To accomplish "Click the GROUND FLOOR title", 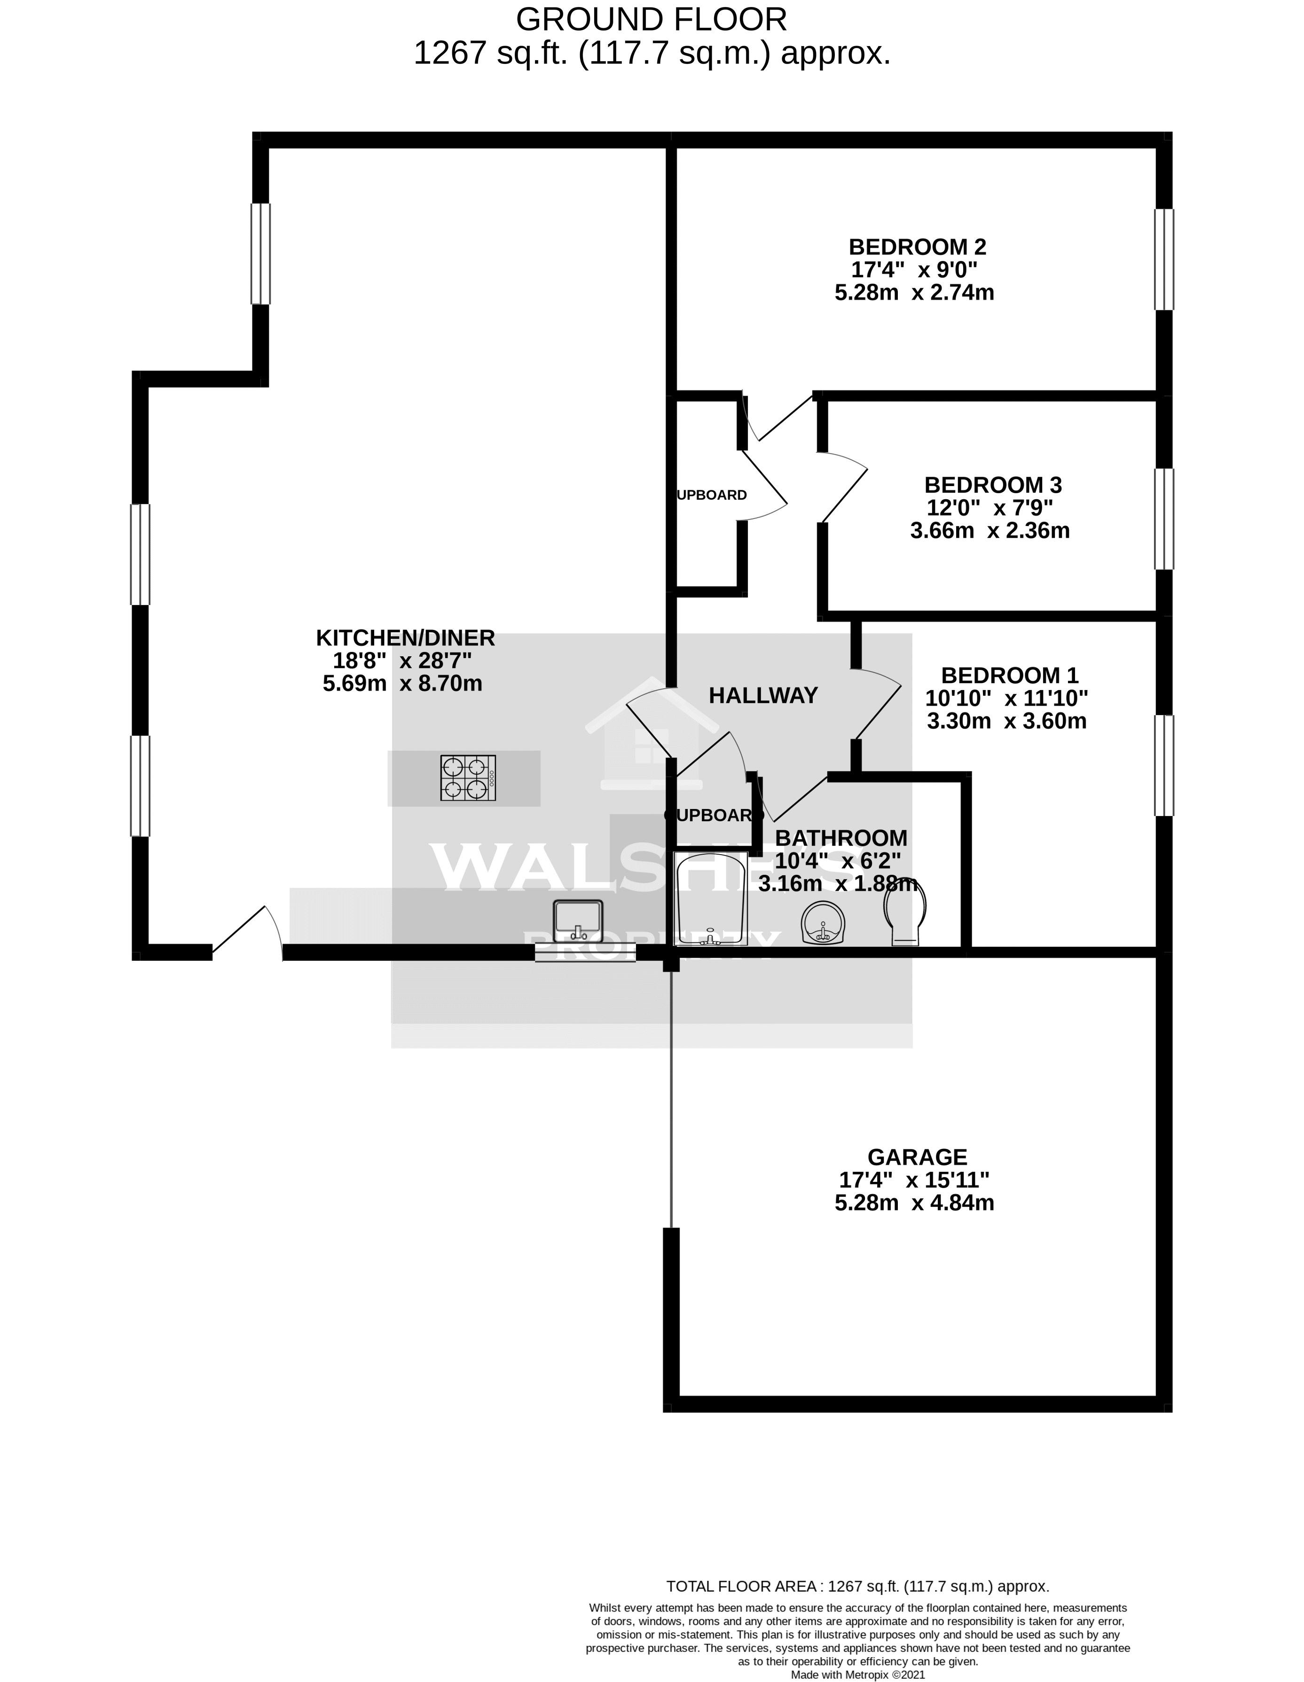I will pos(651,19).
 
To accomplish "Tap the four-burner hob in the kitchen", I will pos(468,778).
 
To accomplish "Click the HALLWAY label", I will pos(762,695).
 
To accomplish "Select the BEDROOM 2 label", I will pos(917,247).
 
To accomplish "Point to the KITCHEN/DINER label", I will pos(405,637).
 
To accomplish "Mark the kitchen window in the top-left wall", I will pos(261,253).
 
